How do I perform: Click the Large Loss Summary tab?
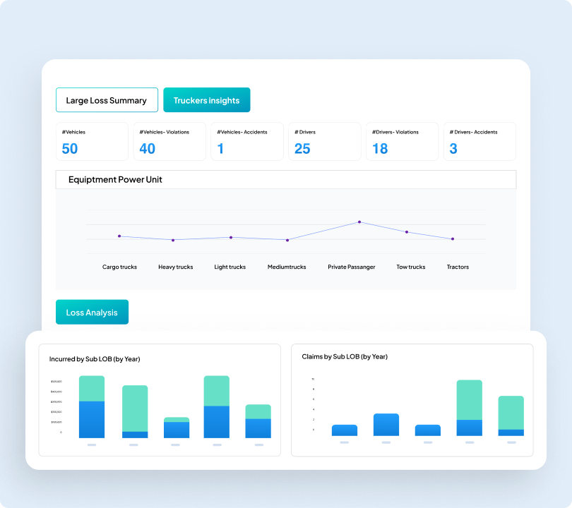[106, 100]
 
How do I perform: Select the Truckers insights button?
[206, 100]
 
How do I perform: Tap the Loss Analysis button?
[92, 312]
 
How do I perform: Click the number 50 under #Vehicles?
[70, 148]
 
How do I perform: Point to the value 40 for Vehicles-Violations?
[147, 148]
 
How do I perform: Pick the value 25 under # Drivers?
[302, 148]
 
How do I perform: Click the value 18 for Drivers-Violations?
[380, 148]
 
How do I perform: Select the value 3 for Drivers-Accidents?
[453, 148]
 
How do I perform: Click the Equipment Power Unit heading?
[115, 179]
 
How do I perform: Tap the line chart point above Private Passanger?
[359, 222]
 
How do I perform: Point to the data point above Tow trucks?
[407, 232]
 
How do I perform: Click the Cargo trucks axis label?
[119, 267]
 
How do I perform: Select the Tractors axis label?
[458, 267]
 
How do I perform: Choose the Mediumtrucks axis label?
[287, 267]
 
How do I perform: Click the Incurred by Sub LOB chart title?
[95, 359]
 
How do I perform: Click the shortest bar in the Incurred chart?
[177, 428]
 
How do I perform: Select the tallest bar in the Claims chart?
[469, 408]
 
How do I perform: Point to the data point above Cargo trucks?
[119, 236]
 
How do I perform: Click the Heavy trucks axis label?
[176, 267]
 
